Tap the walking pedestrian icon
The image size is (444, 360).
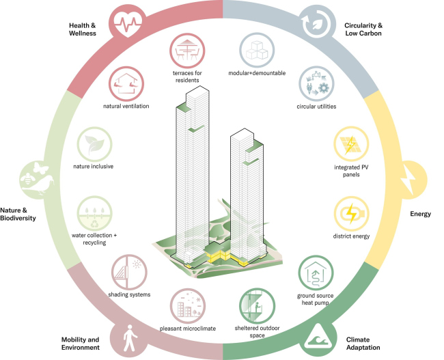click(130, 338)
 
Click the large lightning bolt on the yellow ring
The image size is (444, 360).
click(408, 180)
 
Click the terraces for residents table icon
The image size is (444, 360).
click(187, 51)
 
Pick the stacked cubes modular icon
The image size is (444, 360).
click(257, 51)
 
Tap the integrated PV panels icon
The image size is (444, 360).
click(351, 144)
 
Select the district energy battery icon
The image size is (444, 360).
click(351, 214)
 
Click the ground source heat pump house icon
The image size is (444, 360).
click(316, 273)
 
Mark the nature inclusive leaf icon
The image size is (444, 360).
click(94, 144)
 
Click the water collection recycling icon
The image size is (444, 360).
click(94, 214)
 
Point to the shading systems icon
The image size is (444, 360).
click(129, 272)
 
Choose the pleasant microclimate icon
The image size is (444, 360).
click(188, 306)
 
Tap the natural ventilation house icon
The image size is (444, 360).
click(126, 84)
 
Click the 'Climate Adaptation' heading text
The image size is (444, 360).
click(363, 344)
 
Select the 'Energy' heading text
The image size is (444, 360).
click(421, 214)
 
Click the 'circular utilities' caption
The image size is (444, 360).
click(316, 107)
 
